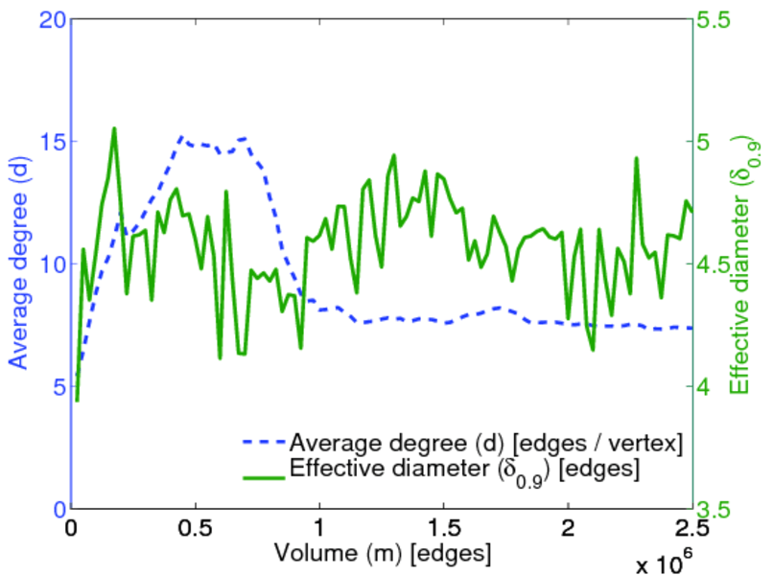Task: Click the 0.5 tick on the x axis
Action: (196, 529)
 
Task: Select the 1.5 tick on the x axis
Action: (444, 529)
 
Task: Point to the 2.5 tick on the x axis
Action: (691, 529)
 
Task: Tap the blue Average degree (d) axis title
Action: (18, 264)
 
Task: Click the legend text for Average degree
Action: (485, 442)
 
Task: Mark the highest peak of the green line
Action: (114, 128)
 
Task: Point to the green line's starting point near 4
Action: (77, 400)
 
